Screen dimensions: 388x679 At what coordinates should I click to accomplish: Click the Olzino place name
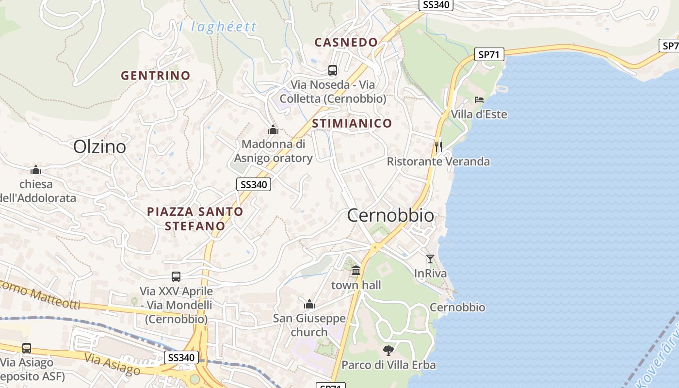pos(99,146)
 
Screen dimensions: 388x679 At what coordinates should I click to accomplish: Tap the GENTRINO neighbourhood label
pos(155,76)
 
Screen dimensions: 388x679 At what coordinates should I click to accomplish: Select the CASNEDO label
pos(346,42)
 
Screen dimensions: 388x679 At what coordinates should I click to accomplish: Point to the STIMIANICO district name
pos(352,123)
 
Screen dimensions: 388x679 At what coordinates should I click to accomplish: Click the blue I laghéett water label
pos(218,27)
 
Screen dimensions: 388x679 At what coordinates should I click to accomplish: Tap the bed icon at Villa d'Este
pos(479,100)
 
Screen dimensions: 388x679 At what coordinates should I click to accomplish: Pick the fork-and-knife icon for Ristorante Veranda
pos(438,146)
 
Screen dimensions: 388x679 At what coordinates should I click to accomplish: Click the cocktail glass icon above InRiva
pos(430,259)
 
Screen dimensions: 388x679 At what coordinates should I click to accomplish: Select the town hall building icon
pos(356,270)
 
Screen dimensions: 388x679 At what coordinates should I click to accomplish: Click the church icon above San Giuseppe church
pos(309,304)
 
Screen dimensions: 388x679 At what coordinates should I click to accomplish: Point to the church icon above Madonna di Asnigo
pos(273,129)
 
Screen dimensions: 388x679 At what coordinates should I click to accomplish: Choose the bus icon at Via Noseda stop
pos(333,70)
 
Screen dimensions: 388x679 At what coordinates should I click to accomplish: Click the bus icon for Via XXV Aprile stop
pos(176,277)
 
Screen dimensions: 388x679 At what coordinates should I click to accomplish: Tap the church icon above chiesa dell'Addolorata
pos(35,170)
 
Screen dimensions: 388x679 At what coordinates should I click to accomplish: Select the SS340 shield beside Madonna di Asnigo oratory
pos(254,184)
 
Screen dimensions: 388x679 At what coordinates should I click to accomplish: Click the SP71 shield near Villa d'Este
pos(488,54)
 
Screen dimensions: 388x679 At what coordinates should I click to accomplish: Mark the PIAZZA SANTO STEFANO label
pos(195,219)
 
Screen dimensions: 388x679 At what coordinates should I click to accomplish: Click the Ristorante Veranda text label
pos(438,162)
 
